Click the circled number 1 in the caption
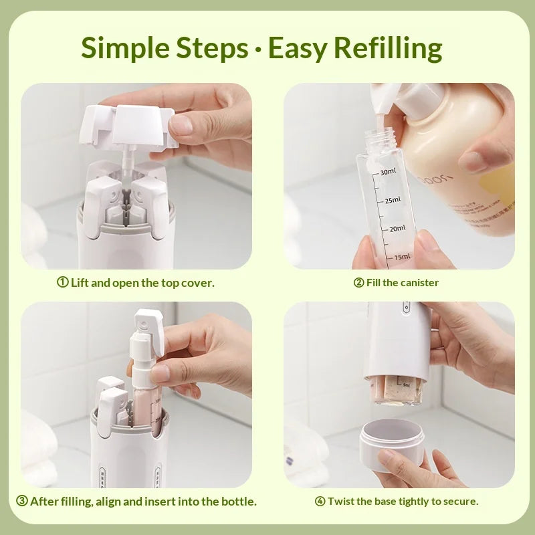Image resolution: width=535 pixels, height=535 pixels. (x=62, y=283)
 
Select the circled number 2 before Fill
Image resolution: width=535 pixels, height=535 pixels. (x=358, y=283)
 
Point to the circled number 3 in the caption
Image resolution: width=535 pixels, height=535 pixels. (x=22, y=501)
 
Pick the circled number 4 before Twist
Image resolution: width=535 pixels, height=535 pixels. (x=320, y=501)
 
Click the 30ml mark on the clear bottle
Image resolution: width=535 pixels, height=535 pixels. (x=389, y=172)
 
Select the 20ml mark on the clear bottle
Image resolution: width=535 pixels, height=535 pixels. (x=397, y=228)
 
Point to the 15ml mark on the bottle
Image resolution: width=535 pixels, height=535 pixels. (x=402, y=257)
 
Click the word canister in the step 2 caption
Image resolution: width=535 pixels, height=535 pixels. (x=419, y=283)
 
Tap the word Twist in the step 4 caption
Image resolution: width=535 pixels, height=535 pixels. (x=341, y=501)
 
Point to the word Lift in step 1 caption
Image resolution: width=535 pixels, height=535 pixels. (x=80, y=283)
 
